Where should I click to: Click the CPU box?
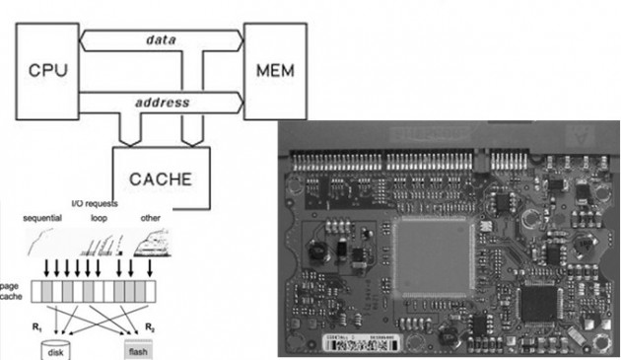click(46, 70)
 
